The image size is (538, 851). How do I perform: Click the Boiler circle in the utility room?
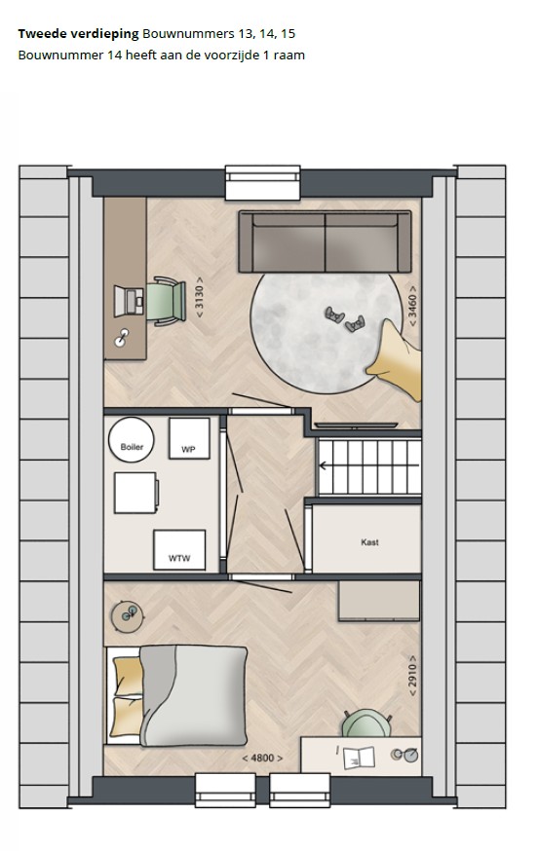click(x=131, y=440)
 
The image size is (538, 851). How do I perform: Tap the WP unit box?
click(x=189, y=438)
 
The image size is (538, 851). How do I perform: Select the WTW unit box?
click(x=179, y=550)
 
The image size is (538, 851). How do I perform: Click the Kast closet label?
click(x=369, y=542)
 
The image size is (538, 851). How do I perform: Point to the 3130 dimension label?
click(x=200, y=297)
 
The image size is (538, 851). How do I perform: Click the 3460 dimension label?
click(x=412, y=307)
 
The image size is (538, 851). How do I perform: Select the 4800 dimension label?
click(x=262, y=758)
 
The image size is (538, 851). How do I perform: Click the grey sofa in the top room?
click(x=325, y=241)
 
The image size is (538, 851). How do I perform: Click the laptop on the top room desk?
click(x=129, y=301)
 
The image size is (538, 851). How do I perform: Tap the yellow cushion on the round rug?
click(x=396, y=359)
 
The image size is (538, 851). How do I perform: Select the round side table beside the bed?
click(x=127, y=617)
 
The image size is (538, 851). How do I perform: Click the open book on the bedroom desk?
click(x=359, y=758)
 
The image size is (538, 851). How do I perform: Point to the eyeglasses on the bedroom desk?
click(x=405, y=755)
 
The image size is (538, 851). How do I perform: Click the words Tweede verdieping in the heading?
click(x=78, y=34)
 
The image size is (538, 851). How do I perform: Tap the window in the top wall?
click(x=263, y=183)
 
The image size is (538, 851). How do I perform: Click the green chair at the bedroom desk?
click(x=366, y=722)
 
